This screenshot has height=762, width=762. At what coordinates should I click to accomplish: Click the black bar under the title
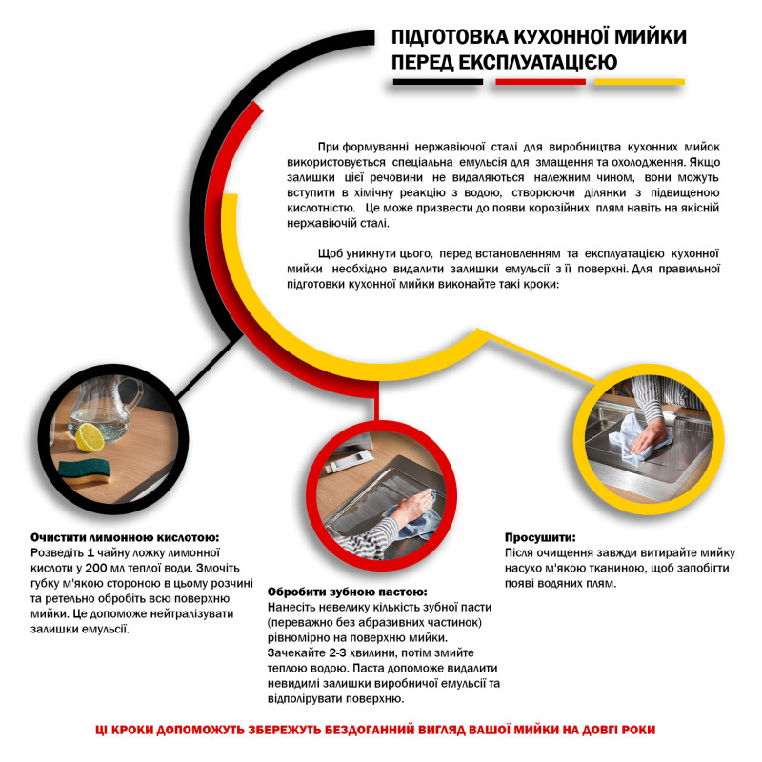click(x=438, y=82)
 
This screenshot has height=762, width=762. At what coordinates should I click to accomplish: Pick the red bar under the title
click(x=539, y=82)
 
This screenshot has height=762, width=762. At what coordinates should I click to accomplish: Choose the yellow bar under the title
click(x=637, y=82)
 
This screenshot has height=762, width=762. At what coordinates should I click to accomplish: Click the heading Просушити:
click(x=540, y=537)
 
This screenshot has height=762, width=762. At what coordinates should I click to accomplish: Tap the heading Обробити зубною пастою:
click(x=347, y=591)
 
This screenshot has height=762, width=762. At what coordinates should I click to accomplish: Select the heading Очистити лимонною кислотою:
click(x=125, y=537)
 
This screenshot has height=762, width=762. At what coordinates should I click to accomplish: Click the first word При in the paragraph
click(x=330, y=147)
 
